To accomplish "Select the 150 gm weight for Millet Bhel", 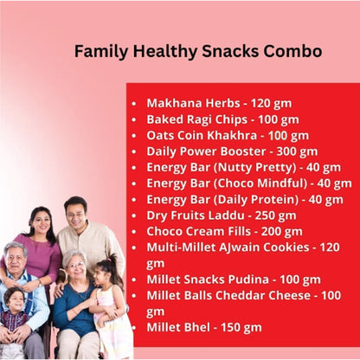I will point(241,327).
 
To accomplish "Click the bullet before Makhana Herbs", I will point(133,102).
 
